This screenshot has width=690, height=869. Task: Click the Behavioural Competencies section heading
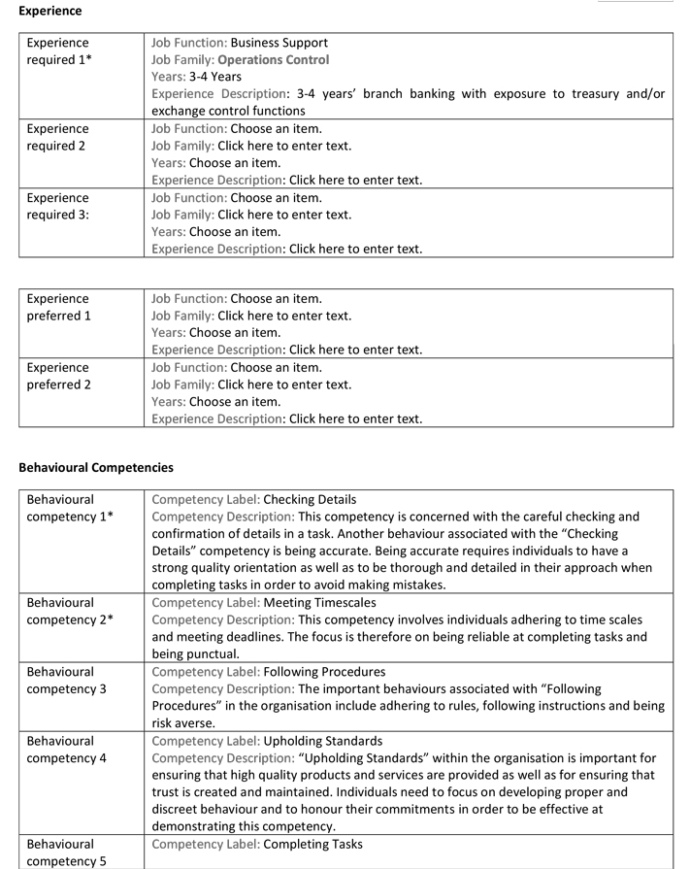(x=96, y=467)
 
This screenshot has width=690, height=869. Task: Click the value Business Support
(x=279, y=43)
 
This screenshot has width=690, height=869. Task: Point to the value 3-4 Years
(x=214, y=76)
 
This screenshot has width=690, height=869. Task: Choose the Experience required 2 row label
(x=57, y=137)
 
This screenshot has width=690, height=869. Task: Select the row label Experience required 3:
(x=57, y=206)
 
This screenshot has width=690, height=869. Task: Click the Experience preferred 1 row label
(x=58, y=307)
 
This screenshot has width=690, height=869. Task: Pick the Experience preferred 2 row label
(x=58, y=376)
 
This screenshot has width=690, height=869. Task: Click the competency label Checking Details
(x=310, y=499)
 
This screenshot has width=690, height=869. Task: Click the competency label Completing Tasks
(x=312, y=844)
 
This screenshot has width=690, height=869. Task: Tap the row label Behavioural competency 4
(x=65, y=750)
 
